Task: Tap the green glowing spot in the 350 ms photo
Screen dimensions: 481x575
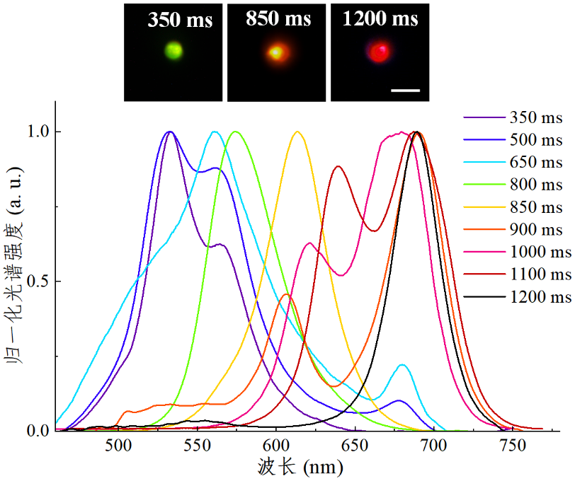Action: pos(173,51)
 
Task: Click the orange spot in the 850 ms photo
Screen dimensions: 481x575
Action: pos(276,52)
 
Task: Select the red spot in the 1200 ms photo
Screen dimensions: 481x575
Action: pos(381,51)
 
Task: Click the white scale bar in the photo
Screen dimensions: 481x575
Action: pos(405,91)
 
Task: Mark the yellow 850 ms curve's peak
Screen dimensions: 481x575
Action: pos(297,132)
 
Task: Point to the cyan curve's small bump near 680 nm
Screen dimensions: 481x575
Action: pos(402,365)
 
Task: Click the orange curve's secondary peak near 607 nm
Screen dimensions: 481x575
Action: pos(286,294)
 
